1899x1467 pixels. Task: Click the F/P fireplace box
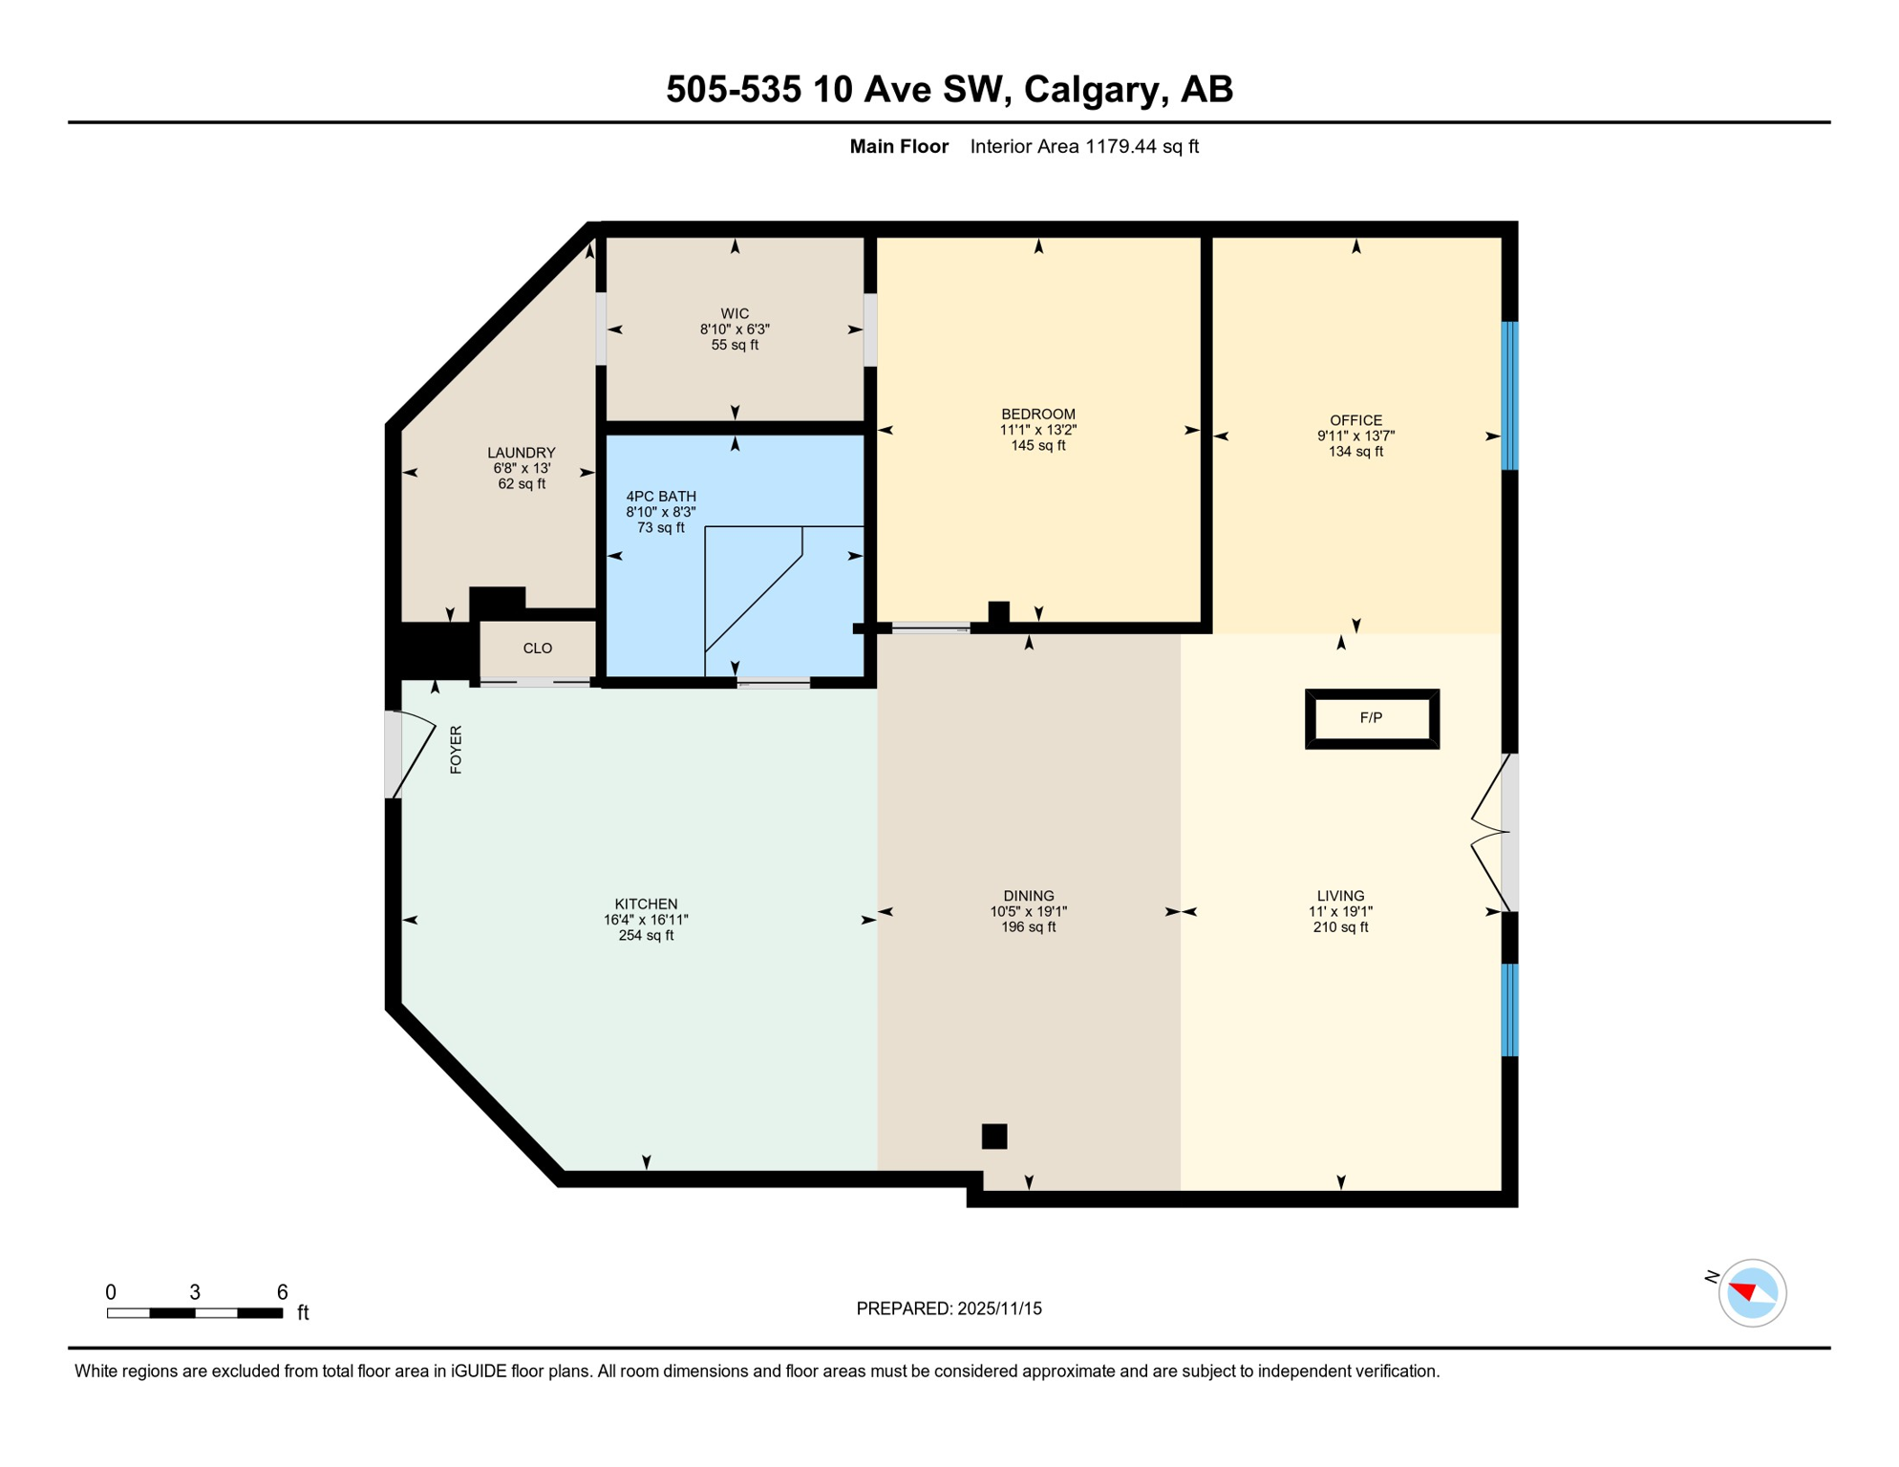pyautogui.click(x=1372, y=718)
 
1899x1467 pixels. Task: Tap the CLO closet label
pyautogui.click(x=538, y=648)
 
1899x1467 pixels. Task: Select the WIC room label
pyautogui.click(x=735, y=313)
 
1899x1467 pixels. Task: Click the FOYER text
pyautogui.click(x=456, y=750)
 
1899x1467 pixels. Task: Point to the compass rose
pyautogui.click(x=1751, y=1293)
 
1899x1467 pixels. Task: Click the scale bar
pyautogui.click(x=195, y=1313)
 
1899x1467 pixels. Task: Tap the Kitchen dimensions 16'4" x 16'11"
pyautogui.click(x=646, y=920)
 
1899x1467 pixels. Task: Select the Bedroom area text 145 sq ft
pyautogui.click(x=1037, y=446)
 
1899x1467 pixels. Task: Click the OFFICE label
pyautogui.click(x=1355, y=420)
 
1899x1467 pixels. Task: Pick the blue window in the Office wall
pyautogui.click(x=1509, y=395)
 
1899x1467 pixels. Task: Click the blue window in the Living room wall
pyautogui.click(x=1509, y=1010)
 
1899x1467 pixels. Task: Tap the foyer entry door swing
pyautogui.click(x=413, y=753)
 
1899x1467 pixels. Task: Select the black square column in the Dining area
pyautogui.click(x=994, y=1136)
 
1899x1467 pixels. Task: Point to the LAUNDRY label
pyautogui.click(x=521, y=453)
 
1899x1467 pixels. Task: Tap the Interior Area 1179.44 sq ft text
pyautogui.click(x=1084, y=146)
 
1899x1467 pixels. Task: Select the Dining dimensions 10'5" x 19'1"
pyautogui.click(x=1028, y=911)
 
